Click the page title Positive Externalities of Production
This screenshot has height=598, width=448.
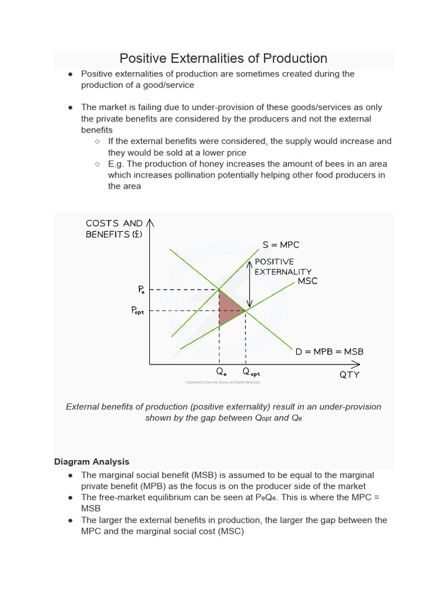[223, 58]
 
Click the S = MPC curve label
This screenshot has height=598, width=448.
[281, 245]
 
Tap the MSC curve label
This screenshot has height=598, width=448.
[307, 281]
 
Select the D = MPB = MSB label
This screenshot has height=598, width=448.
[329, 352]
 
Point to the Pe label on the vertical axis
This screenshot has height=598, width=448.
[142, 290]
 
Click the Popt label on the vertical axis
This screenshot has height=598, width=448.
[141, 311]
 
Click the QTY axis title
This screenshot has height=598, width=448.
[349, 375]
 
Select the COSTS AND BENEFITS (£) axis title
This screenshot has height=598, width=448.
[114, 228]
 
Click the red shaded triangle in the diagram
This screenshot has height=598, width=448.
[228, 308]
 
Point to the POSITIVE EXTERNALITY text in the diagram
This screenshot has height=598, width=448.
[283, 266]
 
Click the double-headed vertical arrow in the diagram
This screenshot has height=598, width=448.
[249, 283]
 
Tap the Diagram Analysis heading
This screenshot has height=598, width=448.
[92, 461]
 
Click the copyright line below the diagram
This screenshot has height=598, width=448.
[222, 383]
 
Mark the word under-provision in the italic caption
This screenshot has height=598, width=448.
[352, 406]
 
